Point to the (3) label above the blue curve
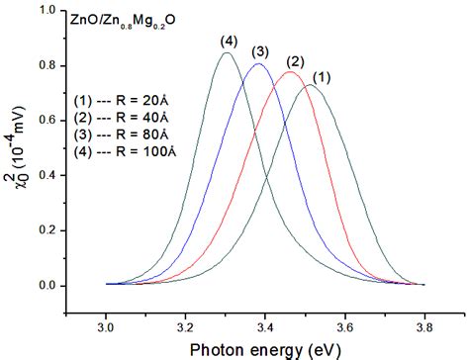261,51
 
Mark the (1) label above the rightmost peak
324,75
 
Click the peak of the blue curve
258,64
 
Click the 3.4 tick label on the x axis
265,323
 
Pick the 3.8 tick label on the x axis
424,323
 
